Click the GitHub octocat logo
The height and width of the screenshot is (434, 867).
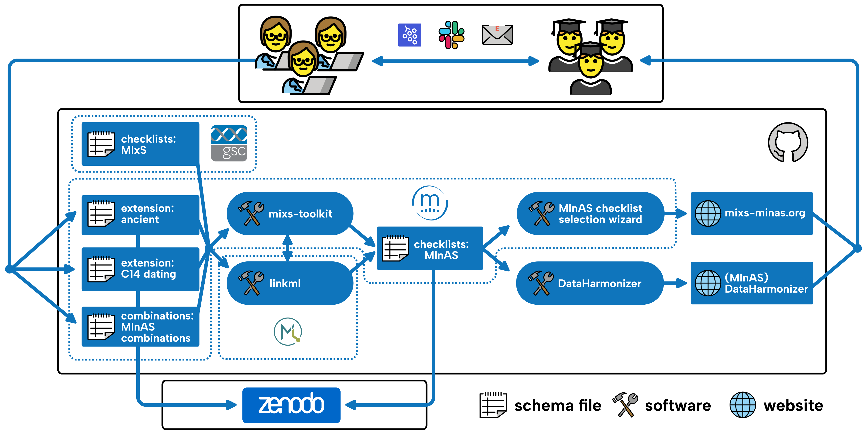[x=788, y=142]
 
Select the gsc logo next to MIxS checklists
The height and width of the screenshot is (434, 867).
[x=229, y=143]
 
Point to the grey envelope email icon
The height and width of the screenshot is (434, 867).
[x=497, y=35]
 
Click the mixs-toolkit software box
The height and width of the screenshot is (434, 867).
[x=289, y=214]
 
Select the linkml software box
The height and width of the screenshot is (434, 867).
[x=289, y=283]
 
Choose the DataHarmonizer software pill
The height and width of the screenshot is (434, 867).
[x=589, y=283]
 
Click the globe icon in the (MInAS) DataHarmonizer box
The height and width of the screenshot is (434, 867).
[x=708, y=283]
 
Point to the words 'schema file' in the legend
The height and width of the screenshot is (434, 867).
[x=557, y=405]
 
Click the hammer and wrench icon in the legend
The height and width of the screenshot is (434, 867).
[x=625, y=404]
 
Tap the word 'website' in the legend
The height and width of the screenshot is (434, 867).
[x=793, y=405]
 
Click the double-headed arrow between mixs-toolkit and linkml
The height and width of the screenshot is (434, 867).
[x=287, y=248]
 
